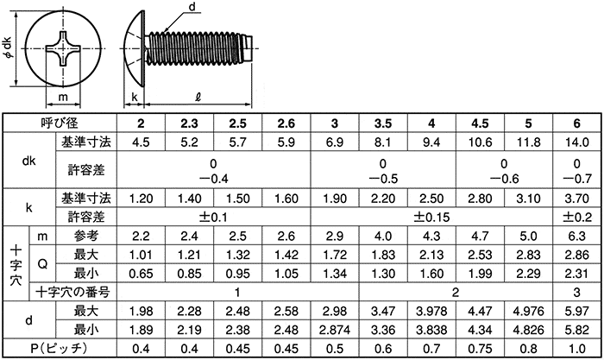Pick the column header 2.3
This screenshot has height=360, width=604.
click(x=188, y=124)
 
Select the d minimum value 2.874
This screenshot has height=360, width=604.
click(x=334, y=331)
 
